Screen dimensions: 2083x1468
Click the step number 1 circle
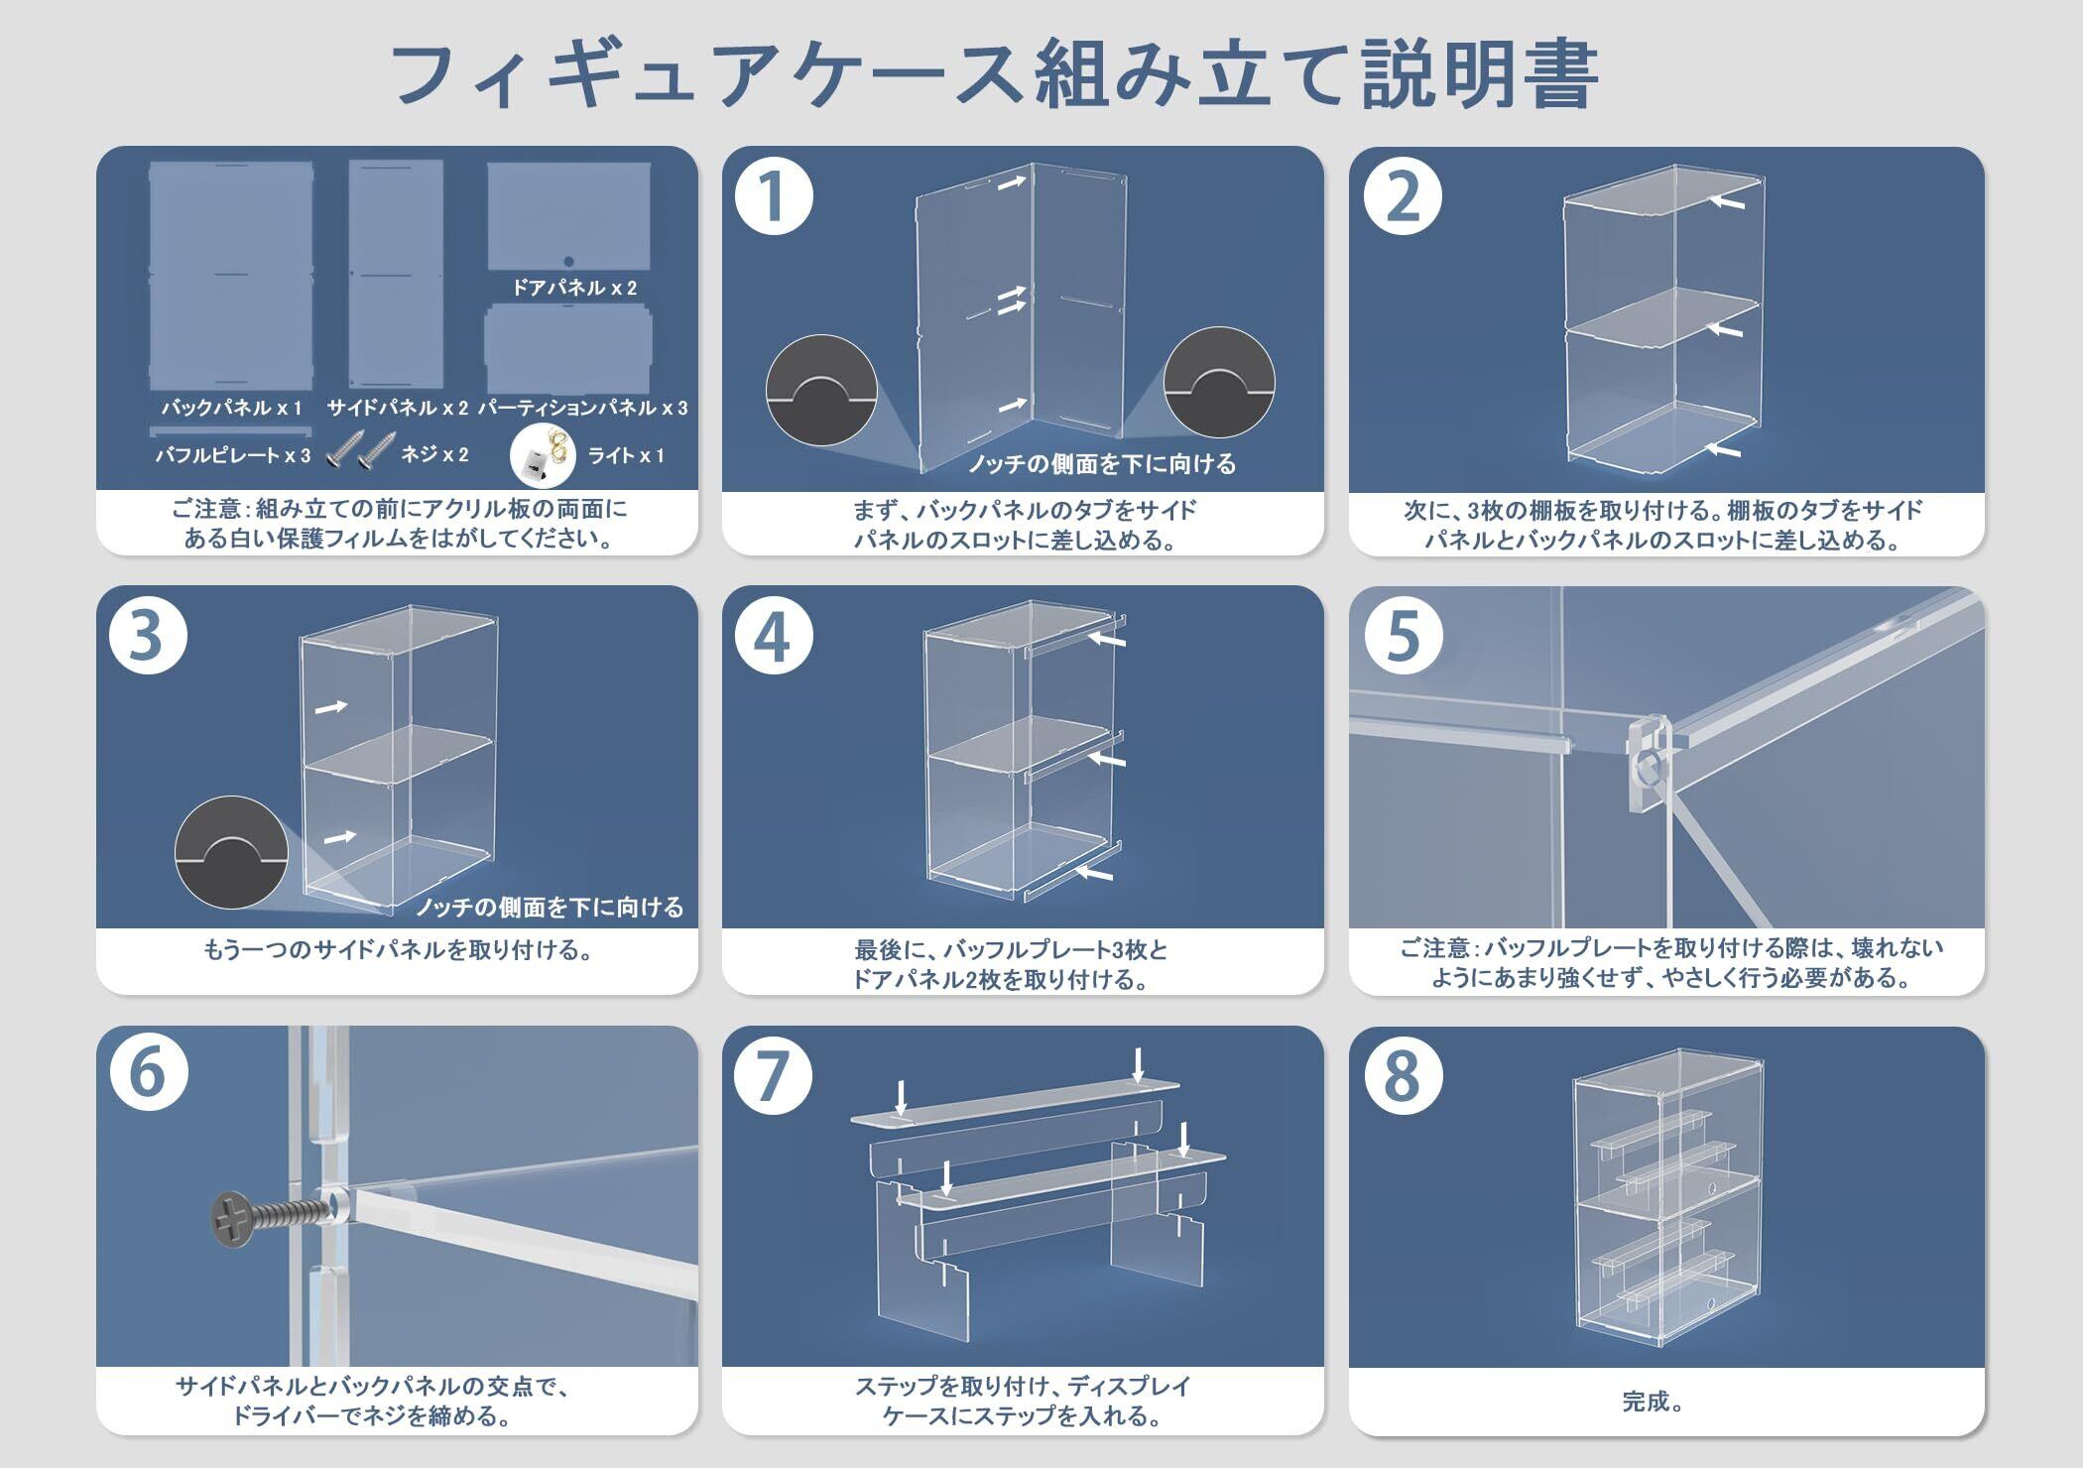[x=774, y=195]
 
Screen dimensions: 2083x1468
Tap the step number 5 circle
[x=1402, y=635]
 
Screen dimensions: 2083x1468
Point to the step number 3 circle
[x=147, y=635]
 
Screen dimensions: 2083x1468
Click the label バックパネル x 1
[x=232, y=407]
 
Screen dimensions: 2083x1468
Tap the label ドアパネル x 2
[x=573, y=288]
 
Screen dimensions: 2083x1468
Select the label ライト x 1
[x=625, y=455]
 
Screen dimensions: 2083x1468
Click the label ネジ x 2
[x=434, y=454]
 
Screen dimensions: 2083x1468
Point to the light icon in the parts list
[x=543, y=455]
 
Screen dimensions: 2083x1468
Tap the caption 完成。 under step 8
[x=1653, y=1401]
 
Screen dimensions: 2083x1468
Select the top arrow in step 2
[x=1727, y=201]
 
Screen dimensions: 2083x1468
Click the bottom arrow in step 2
[x=1725, y=450]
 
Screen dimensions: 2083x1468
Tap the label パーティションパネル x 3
[x=582, y=408]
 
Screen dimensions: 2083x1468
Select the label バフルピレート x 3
[x=232, y=455]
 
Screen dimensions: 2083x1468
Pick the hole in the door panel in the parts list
[x=568, y=263]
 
